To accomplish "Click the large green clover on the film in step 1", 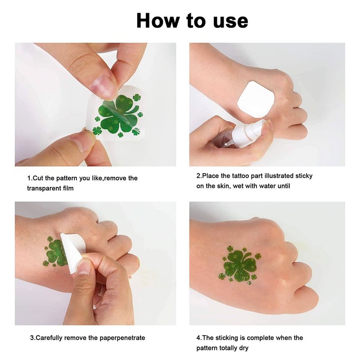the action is click(119, 114).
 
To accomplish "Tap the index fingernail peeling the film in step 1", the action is click(100, 86).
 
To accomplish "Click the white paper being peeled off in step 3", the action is click(73, 252).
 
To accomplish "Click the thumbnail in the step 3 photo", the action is click(84, 267).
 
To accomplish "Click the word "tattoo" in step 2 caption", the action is click(240, 176).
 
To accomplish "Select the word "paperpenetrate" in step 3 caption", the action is click(122, 338).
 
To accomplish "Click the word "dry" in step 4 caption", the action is click(243, 348).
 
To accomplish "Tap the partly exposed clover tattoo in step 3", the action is click(55, 252).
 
